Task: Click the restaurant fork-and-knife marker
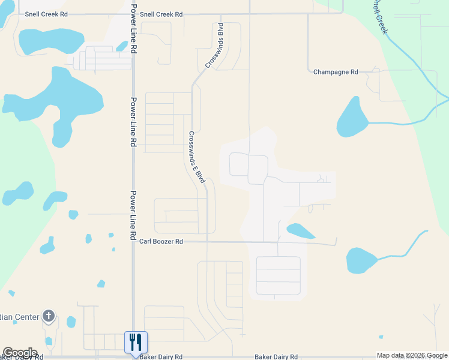[x=136, y=343]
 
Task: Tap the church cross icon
[x=49, y=316]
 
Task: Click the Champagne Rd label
[x=336, y=72]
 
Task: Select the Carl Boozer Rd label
[x=161, y=241]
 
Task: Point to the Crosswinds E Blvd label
[x=197, y=157]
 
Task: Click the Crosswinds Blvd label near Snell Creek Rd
[x=214, y=45]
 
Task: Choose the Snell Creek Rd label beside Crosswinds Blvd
[x=161, y=14]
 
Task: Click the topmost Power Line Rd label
[x=134, y=28]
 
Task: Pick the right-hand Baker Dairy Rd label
[x=276, y=356]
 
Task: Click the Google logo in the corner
[x=19, y=353]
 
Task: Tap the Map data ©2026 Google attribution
[x=412, y=355]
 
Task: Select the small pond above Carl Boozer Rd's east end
[x=300, y=231]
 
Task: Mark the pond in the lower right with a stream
[x=361, y=260]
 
